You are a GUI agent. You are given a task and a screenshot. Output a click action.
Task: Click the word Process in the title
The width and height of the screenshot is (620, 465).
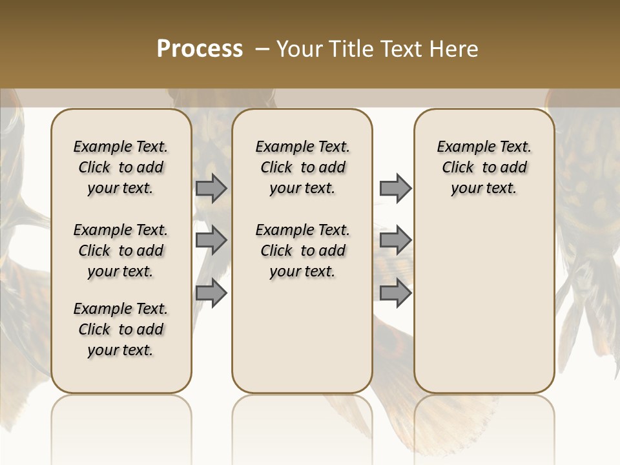click(x=200, y=48)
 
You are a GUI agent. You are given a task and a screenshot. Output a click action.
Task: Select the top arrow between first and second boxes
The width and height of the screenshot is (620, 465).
click(x=211, y=188)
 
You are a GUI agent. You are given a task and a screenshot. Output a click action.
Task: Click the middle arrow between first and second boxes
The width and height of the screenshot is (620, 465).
click(x=211, y=241)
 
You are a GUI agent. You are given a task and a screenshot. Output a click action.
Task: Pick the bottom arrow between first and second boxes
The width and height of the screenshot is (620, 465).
click(x=211, y=293)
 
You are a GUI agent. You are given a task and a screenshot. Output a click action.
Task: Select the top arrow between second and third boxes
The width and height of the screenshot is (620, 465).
click(x=395, y=188)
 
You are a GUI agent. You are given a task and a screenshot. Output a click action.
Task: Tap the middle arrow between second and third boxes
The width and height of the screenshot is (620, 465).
click(x=395, y=241)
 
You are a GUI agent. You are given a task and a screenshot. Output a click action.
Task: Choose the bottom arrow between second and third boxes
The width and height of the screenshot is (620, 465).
click(x=395, y=293)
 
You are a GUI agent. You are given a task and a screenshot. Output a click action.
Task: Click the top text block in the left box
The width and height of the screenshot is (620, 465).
click(x=121, y=167)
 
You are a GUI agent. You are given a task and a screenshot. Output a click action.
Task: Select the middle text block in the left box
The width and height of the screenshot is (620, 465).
click(x=121, y=251)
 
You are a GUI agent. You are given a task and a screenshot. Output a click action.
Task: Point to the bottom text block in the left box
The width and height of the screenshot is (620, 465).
click(x=121, y=329)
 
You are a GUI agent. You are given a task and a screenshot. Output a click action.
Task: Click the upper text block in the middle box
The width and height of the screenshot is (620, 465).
click(x=302, y=167)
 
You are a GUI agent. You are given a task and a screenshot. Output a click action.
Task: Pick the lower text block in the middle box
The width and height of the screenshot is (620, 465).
click(x=302, y=251)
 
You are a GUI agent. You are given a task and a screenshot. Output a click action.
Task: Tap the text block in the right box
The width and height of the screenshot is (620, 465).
click(x=484, y=167)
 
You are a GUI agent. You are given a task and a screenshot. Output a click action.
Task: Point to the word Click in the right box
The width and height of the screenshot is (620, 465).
click(x=458, y=168)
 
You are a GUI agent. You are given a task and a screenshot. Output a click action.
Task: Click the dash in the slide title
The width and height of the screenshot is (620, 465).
click(x=263, y=48)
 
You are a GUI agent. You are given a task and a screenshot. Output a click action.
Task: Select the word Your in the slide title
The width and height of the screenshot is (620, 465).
click(x=300, y=48)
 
